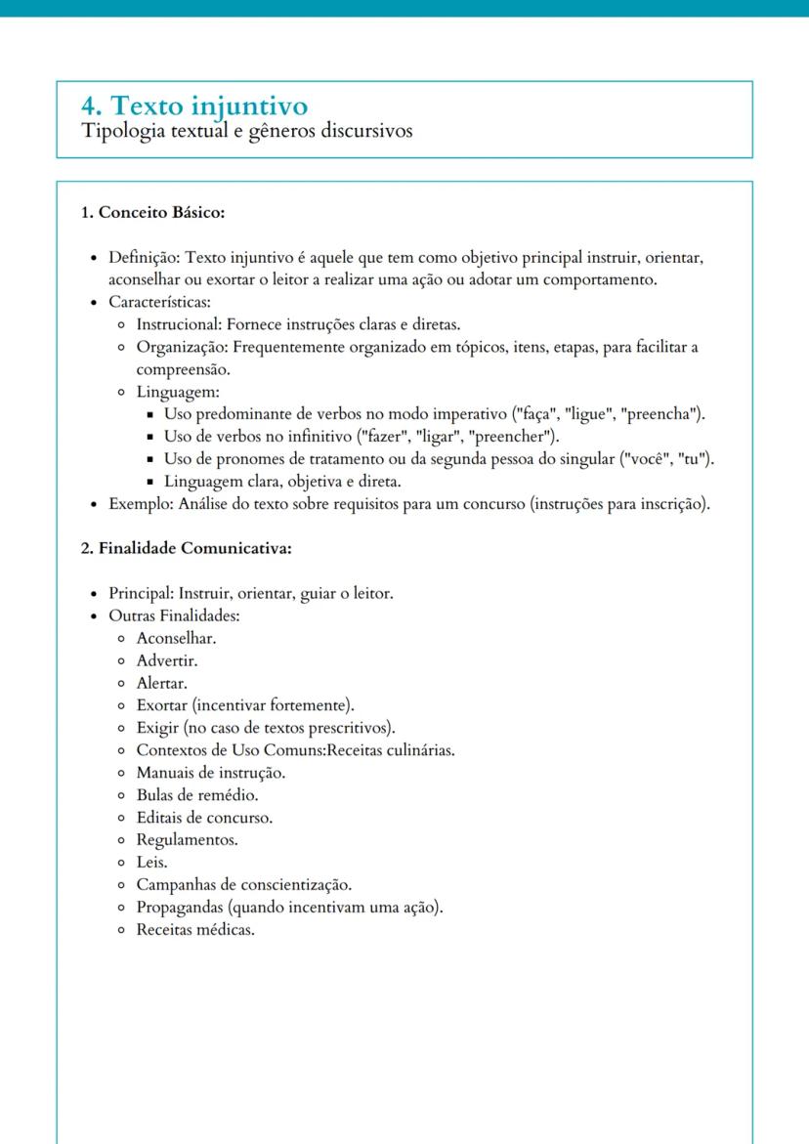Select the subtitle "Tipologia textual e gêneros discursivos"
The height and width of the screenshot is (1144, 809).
point(246,131)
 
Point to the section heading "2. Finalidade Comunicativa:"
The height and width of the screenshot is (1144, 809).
point(186,548)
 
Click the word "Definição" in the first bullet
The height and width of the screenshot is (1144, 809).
point(143,258)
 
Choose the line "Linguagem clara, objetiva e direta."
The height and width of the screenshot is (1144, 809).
point(282,482)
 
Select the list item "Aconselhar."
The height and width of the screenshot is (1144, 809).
point(176,638)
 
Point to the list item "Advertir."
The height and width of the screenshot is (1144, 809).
point(166,660)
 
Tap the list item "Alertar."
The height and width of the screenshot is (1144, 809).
point(161,683)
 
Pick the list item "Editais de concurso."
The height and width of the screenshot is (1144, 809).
point(204,817)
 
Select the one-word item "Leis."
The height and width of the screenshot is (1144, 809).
point(151,862)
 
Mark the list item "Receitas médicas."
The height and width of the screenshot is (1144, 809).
point(195,929)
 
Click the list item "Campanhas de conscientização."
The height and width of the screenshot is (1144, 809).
point(243,884)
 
